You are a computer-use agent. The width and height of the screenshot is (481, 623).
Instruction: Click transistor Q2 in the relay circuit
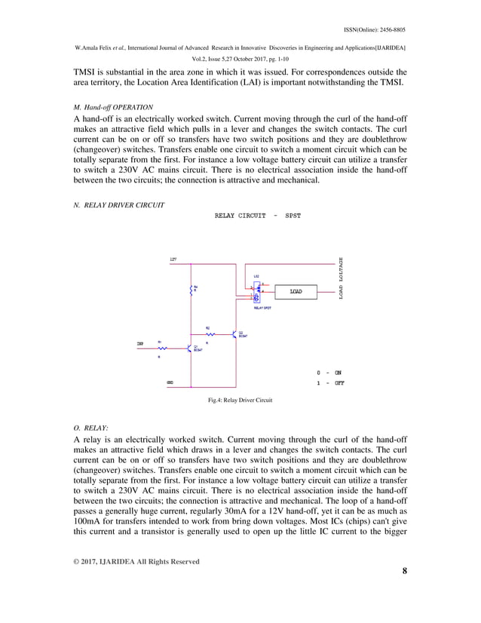pyautogui.click(x=234, y=333)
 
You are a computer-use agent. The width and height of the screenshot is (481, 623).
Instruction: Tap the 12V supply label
pyautogui.click(x=173, y=259)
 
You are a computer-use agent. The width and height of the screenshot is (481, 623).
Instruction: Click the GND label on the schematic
pyautogui.click(x=170, y=382)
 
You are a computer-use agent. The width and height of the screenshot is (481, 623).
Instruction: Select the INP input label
pyautogui.click(x=140, y=343)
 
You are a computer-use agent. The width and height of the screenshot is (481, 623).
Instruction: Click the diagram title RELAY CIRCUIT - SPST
pyautogui.click(x=257, y=216)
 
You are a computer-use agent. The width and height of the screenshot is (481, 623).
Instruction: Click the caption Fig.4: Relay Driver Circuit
pyautogui.click(x=240, y=400)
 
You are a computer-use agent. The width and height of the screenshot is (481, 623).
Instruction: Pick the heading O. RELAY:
pyautogui.click(x=90, y=428)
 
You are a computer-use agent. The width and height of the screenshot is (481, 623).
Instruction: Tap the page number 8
pyautogui.click(x=404, y=571)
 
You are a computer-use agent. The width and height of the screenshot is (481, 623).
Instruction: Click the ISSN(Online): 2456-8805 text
pyautogui.click(x=374, y=29)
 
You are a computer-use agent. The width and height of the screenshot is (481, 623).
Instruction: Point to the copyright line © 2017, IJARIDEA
pyautogui.click(x=136, y=561)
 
